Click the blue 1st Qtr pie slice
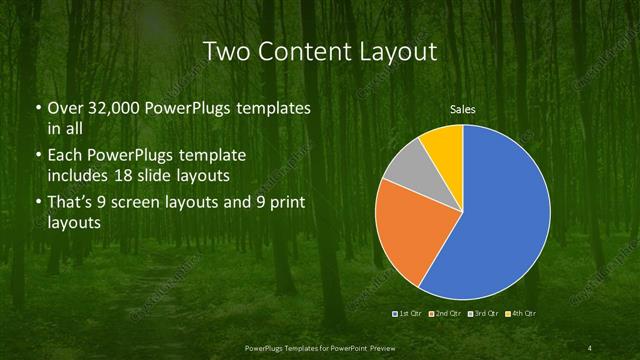click(x=500, y=220)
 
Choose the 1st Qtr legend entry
click(x=409, y=314)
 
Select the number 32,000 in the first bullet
click(x=116, y=107)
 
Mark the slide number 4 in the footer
click(x=590, y=347)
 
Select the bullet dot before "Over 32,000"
click(x=38, y=107)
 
